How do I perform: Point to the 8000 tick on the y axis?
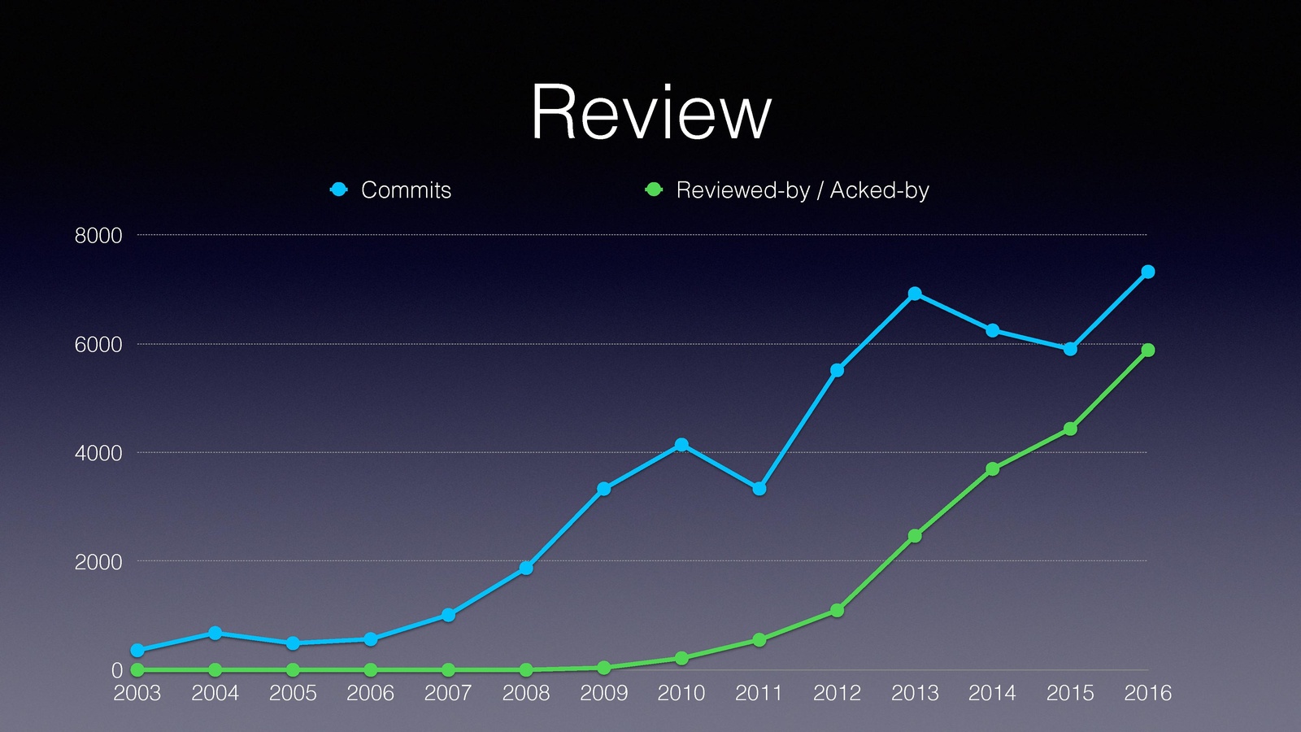[x=98, y=236]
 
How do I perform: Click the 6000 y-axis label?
[x=98, y=345]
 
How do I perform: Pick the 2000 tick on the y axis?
[x=98, y=562]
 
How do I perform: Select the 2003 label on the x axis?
[x=137, y=693]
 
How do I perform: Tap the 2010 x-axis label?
[x=681, y=693]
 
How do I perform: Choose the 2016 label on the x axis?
[x=1147, y=693]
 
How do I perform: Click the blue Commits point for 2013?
[x=915, y=294]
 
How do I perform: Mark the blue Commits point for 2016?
[x=1148, y=272]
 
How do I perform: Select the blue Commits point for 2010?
[x=681, y=445]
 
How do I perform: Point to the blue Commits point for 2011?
[x=759, y=489]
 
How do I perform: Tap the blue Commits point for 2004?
[x=215, y=633]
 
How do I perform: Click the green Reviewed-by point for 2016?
[x=1148, y=351]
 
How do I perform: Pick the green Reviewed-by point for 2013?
[x=915, y=536]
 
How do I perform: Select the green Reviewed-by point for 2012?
[x=837, y=611]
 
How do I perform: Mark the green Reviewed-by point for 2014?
[x=993, y=469]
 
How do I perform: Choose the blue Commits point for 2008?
[x=526, y=568]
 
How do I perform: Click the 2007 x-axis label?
[x=448, y=693]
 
